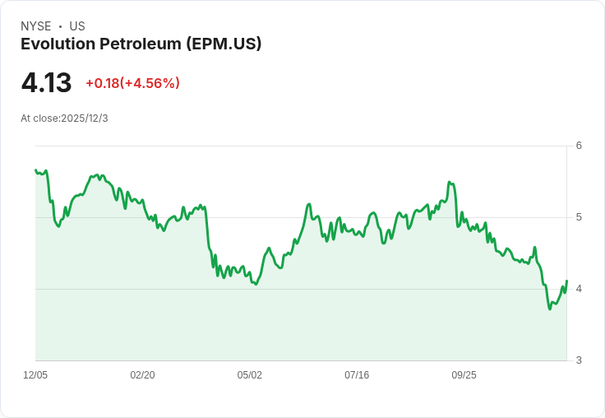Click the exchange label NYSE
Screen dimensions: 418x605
pyautogui.click(x=36, y=26)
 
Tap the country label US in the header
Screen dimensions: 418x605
pyautogui.click(x=77, y=26)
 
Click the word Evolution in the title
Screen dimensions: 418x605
pyautogui.click(x=56, y=44)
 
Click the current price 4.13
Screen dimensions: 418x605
pyautogui.click(x=46, y=83)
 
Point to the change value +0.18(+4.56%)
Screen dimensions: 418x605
pyautogui.click(x=132, y=83)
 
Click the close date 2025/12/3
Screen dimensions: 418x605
pyautogui.click(x=85, y=118)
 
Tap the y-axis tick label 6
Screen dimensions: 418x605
pyautogui.click(x=579, y=146)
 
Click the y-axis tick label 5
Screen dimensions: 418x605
pyautogui.click(x=579, y=217)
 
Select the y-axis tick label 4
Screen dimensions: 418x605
pyautogui.click(x=579, y=289)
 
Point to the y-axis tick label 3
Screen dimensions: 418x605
pyautogui.click(x=579, y=360)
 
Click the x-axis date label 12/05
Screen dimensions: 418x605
pyautogui.click(x=35, y=375)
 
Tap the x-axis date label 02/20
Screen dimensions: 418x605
pyautogui.click(x=142, y=375)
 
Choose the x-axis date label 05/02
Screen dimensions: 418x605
pyautogui.click(x=250, y=375)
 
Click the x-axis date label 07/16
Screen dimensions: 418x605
pyautogui.click(x=357, y=375)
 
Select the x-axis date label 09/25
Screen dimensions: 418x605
pyautogui.click(x=464, y=375)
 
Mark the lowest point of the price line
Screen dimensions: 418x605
pyautogui.click(x=549, y=309)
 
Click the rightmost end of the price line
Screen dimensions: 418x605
pyautogui.click(x=567, y=281)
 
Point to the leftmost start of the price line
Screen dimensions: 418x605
pyautogui.click(x=35, y=170)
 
